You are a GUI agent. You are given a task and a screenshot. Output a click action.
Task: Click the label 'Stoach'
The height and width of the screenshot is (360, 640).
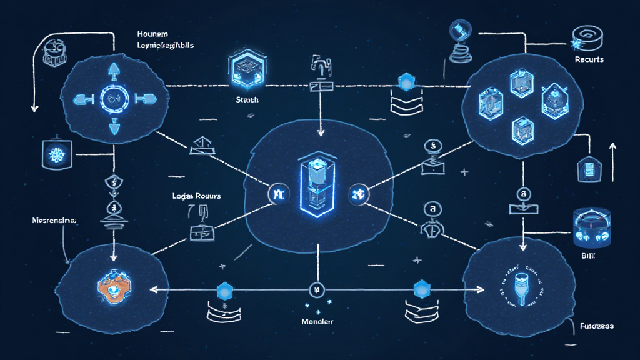[x=247, y=100]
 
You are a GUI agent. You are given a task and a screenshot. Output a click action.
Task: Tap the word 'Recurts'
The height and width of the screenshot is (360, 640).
[x=588, y=59]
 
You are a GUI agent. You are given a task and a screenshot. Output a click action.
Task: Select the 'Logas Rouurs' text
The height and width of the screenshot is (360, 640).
[x=196, y=196]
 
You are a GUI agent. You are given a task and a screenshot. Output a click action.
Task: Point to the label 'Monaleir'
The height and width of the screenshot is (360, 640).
[x=317, y=321]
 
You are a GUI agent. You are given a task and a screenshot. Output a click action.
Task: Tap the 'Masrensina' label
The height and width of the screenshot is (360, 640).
[x=53, y=221]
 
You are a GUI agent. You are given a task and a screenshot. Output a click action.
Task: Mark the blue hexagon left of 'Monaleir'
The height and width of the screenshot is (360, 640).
[x=224, y=290]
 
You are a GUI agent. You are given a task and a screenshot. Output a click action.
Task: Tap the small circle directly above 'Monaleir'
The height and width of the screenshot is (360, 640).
[x=316, y=290]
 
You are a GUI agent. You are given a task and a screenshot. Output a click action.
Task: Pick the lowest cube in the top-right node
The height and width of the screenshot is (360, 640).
[x=522, y=129]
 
